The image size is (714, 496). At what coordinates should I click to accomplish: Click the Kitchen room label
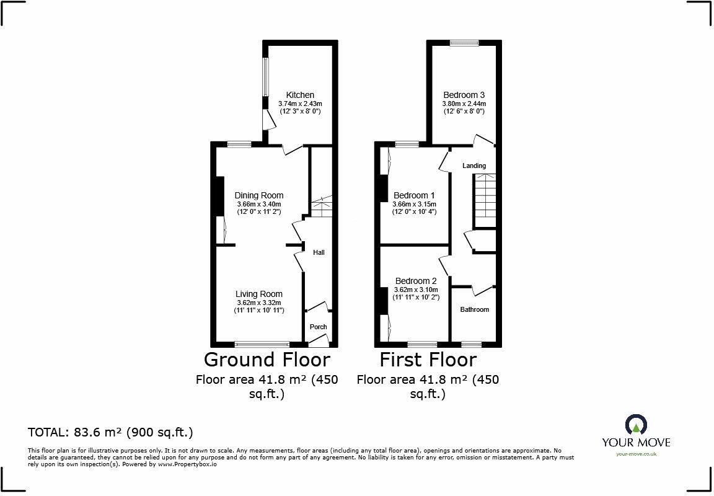coord(300,95)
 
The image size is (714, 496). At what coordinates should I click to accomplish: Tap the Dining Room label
coord(259,195)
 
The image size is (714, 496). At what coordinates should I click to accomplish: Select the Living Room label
coord(259,294)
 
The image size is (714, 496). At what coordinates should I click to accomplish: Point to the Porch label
coord(318,327)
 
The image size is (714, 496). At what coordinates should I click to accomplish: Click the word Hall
coord(319,252)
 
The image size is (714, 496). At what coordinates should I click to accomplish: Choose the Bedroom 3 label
coord(464,95)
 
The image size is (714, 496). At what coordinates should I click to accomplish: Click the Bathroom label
coord(474,309)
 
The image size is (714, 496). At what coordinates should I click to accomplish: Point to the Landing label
coord(474,166)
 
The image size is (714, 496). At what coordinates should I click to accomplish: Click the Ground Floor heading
coord(267,359)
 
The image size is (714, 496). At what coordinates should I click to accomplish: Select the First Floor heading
coord(428,359)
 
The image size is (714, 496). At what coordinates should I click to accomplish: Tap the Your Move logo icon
coord(636,425)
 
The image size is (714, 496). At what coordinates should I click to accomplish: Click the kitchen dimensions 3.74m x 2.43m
coord(300,104)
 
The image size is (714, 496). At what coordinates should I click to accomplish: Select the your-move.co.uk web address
coord(636,454)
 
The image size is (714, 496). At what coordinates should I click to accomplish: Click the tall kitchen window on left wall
coord(265,77)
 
